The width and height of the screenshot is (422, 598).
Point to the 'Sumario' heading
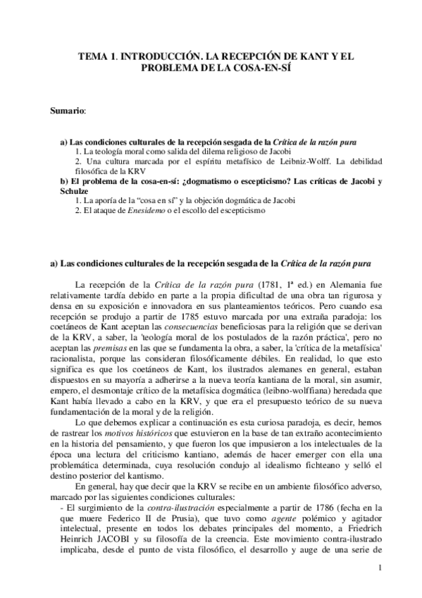68,111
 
